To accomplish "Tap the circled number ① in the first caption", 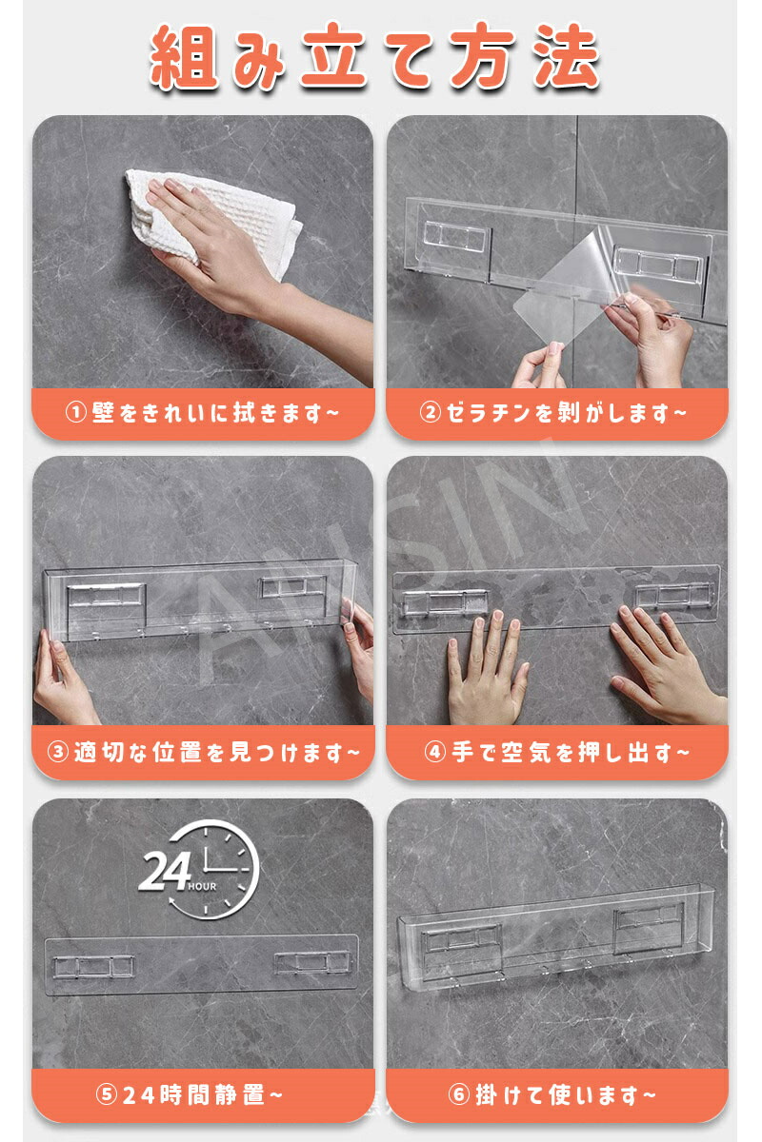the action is click(x=75, y=413).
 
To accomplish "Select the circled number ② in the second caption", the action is click(x=430, y=413).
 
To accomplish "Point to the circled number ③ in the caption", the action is click(x=57, y=753).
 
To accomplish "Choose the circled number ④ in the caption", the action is click(x=435, y=752).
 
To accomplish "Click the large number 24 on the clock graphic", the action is click(x=165, y=872).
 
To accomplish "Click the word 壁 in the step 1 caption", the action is click(x=103, y=413).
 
